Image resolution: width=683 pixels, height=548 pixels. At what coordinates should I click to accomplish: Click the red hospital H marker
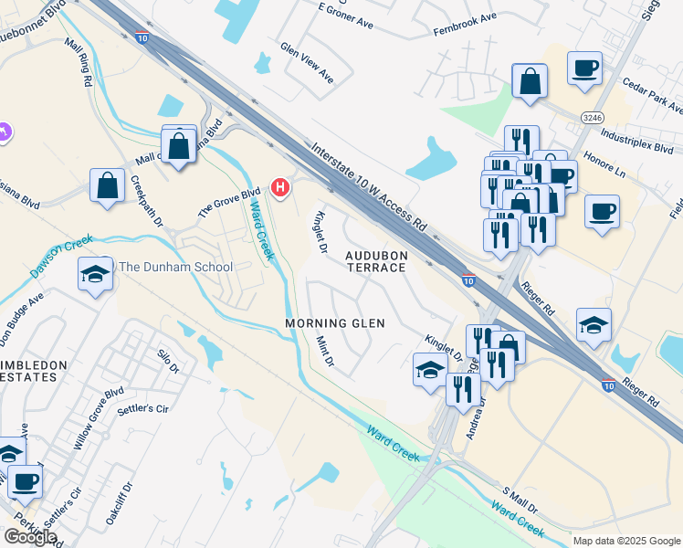(x=281, y=189)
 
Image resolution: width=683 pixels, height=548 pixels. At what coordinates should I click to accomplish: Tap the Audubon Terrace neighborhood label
(x=375, y=260)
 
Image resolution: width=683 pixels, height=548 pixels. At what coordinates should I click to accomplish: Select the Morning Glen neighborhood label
(x=334, y=323)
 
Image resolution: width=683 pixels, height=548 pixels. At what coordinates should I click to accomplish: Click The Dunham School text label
(x=176, y=268)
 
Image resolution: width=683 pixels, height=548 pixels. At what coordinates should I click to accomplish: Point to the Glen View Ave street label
(x=307, y=63)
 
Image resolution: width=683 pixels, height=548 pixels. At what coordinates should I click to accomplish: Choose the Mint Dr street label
(x=324, y=352)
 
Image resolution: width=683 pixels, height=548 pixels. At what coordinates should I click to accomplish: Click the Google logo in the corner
(x=30, y=537)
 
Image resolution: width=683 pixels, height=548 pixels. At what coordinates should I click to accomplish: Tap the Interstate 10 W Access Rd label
(x=368, y=185)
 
